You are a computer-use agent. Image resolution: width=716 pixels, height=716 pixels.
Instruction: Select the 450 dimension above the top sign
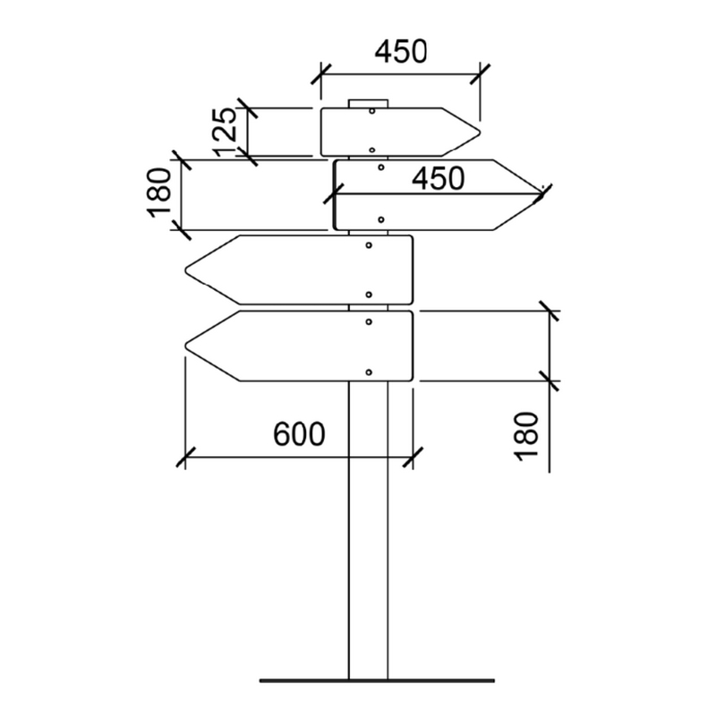[x=400, y=52]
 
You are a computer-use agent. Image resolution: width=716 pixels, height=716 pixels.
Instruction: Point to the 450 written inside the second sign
[x=438, y=179]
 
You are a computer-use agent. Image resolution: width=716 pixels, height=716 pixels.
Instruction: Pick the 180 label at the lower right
[x=528, y=436]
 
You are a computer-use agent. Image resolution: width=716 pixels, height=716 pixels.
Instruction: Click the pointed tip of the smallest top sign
[x=480, y=132]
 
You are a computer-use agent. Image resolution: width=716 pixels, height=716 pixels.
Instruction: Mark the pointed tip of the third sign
[x=185, y=269]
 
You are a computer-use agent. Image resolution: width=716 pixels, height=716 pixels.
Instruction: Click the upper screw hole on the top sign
[x=371, y=112]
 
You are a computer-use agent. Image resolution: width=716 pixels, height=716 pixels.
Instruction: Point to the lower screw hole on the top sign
[x=371, y=149]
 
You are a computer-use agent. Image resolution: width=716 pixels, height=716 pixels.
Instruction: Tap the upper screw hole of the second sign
[x=381, y=167]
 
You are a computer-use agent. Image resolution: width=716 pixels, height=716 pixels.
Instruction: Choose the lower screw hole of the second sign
[x=381, y=219]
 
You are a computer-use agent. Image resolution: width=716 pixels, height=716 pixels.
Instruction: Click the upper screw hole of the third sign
[x=369, y=243]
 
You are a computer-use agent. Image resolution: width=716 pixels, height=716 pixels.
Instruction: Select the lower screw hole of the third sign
[x=369, y=294]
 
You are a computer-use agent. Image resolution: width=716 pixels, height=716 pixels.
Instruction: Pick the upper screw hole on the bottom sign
[x=369, y=320]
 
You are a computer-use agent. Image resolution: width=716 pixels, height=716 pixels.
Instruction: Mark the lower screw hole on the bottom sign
[x=369, y=371]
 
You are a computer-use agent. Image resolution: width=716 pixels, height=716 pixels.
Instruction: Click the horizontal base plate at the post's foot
[x=376, y=680]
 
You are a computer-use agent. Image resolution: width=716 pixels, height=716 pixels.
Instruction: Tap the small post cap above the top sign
[x=368, y=103]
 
